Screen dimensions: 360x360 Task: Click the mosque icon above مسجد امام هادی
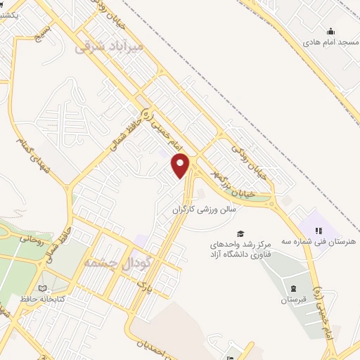[x=330, y=31]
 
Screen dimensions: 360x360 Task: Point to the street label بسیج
[x=42, y=30]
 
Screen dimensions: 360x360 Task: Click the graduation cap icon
[x=240, y=233]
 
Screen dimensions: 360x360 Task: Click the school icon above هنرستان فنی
[x=318, y=230]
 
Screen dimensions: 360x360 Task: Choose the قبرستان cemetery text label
[x=293, y=300]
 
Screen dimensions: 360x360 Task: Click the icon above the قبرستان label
[x=293, y=289]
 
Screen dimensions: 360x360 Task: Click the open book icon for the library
[x=44, y=288]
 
